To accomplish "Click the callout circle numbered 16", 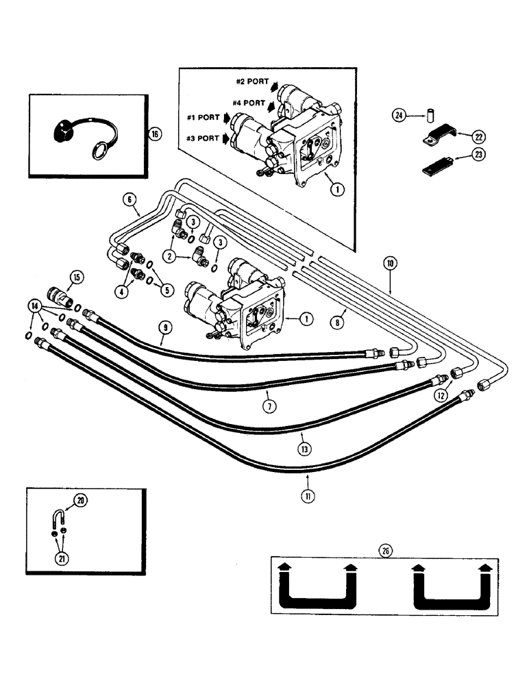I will tap(155, 135).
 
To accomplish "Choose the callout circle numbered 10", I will tap(390, 263).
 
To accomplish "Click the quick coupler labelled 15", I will tap(54, 291).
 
